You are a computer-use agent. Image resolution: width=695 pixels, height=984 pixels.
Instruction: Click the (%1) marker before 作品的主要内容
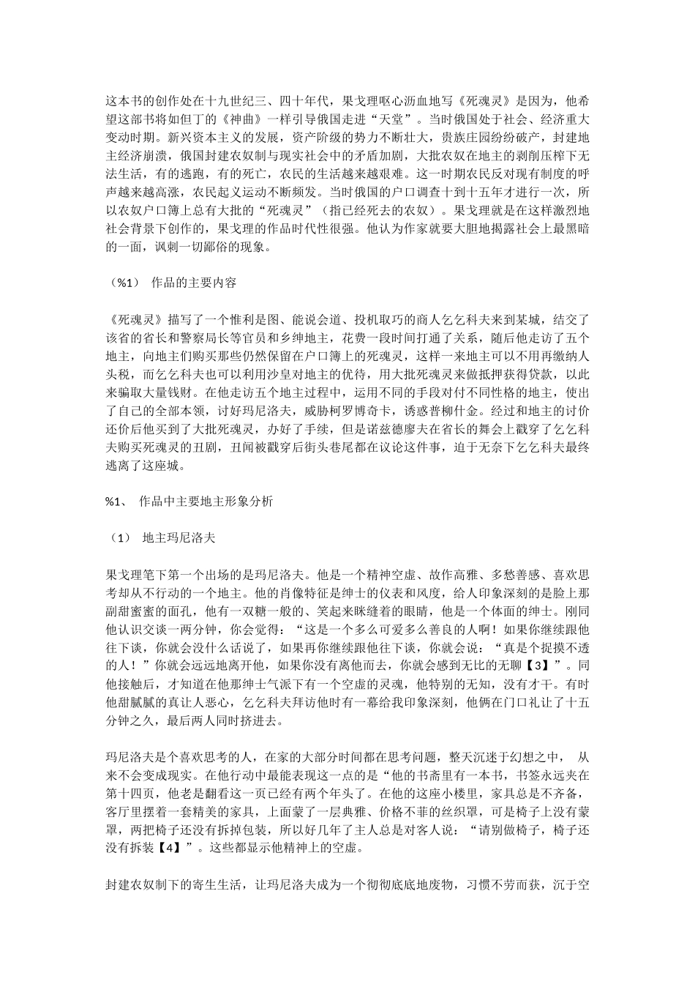click(x=123, y=283)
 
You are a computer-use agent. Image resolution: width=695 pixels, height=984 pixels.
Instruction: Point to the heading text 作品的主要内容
click(x=193, y=283)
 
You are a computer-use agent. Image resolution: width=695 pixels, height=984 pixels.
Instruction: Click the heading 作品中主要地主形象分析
click(x=205, y=502)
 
